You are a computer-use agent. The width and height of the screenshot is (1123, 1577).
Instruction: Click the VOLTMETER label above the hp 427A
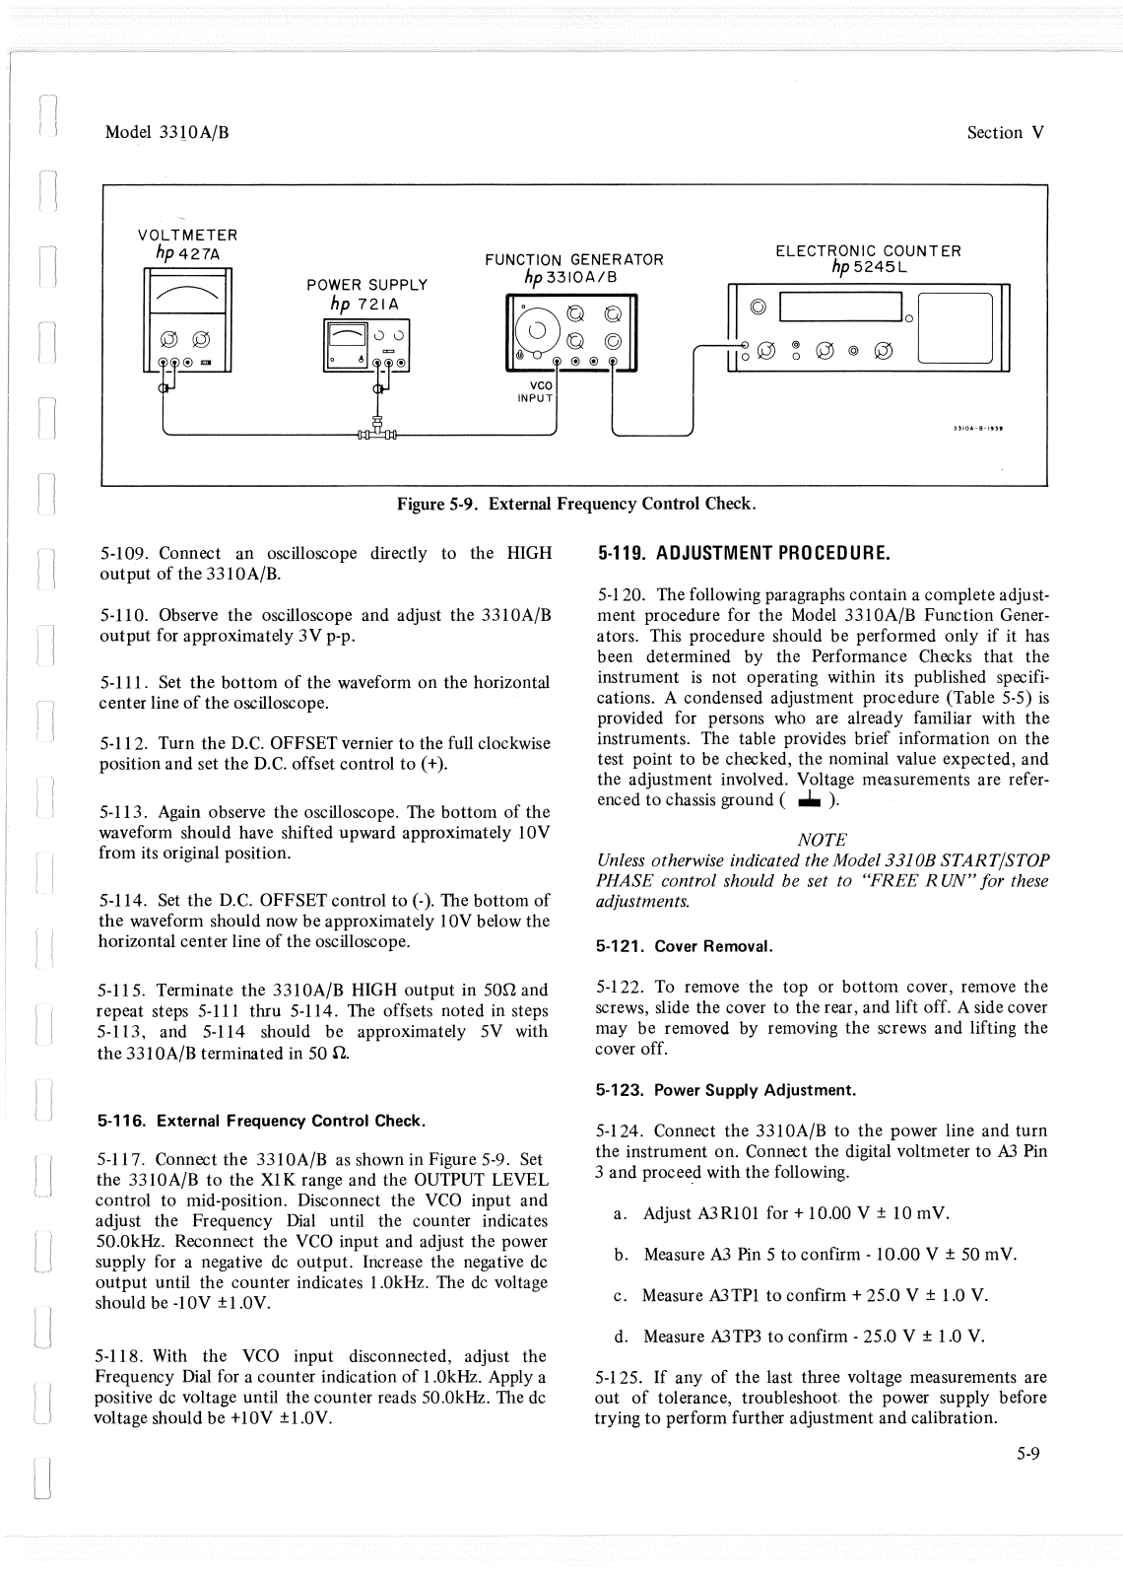click(x=187, y=236)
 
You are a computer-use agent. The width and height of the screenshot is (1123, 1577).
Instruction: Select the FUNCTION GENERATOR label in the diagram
click(x=574, y=260)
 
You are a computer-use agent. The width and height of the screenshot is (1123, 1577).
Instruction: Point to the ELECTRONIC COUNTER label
click(x=868, y=250)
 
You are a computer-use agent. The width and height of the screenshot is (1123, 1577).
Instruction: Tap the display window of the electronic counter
click(x=839, y=308)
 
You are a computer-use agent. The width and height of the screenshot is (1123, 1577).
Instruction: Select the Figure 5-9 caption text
click(x=575, y=504)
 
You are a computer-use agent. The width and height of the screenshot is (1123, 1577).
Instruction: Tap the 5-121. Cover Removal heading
click(x=684, y=946)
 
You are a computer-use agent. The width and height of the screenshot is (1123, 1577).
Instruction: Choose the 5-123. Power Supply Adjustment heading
click(x=726, y=1090)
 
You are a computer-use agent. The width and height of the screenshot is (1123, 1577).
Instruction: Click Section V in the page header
click(x=1005, y=133)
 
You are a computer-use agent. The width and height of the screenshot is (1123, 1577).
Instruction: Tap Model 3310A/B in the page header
click(x=166, y=133)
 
